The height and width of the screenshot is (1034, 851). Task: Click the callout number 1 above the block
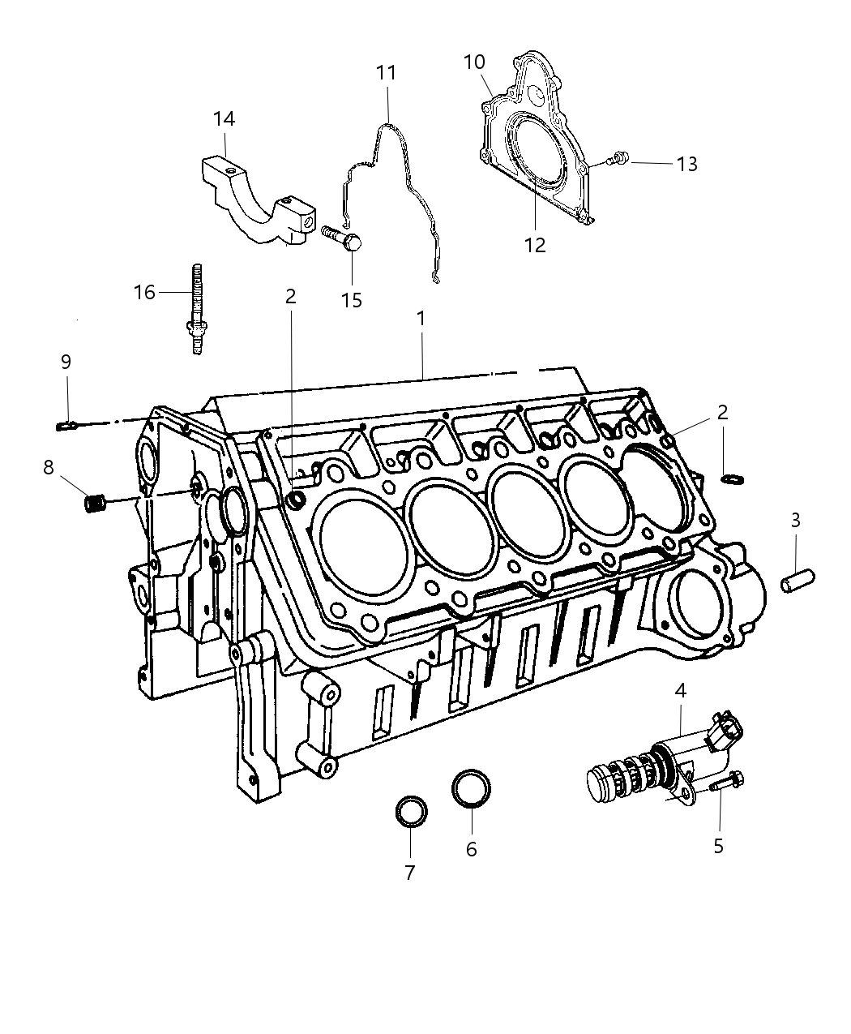coord(421,319)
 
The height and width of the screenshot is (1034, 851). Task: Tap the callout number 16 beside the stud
coord(144,292)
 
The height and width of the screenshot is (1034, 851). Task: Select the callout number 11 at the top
coord(386,72)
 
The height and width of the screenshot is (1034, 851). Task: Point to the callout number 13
coord(686,164)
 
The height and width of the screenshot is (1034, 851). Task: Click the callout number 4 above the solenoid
coord(680,691)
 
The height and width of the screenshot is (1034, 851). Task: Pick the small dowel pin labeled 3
coord(795,582)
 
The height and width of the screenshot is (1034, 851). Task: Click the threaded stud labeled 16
coord(197,308)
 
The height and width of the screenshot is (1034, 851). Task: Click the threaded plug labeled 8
coord(96,503)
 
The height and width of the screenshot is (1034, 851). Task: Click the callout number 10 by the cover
coord(474,62)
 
